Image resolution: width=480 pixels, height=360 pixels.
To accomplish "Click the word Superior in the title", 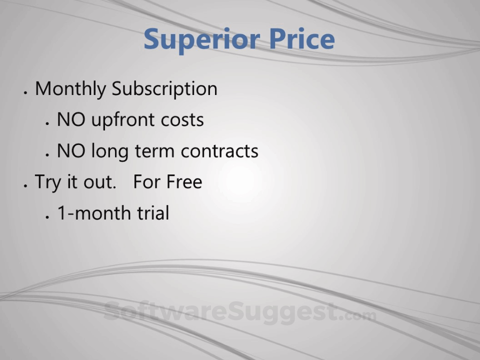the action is pos(202,39).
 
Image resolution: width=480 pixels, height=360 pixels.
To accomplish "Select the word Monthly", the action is pos(70,89).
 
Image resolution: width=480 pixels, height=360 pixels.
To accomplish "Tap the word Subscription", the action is pos(164,89).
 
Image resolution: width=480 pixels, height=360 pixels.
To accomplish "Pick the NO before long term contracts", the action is pos(71,151).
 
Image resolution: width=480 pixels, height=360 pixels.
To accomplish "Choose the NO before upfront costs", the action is pos(71,119).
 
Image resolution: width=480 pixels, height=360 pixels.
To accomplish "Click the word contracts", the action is pos(219,151).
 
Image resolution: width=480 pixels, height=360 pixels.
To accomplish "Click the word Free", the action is pos(184,182).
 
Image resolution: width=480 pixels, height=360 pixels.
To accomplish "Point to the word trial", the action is pos(153,213).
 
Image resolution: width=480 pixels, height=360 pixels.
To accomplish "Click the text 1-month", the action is pos(95,213).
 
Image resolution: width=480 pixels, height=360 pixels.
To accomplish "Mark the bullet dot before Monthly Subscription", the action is pos(25,92).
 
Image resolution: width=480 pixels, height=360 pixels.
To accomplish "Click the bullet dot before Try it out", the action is pos(25,185).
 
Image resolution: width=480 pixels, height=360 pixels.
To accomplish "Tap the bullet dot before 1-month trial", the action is pos(47,216).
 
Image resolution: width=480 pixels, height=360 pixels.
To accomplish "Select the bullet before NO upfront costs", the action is pos(47,123).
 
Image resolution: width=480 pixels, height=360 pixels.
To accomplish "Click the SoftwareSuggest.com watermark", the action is pos(240,312).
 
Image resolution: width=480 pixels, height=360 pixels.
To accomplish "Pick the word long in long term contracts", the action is pos(110,151).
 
